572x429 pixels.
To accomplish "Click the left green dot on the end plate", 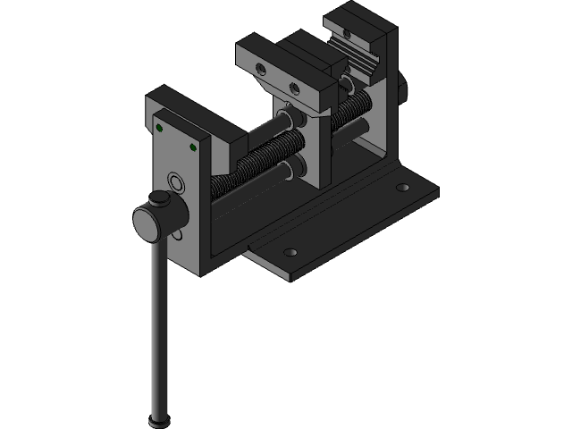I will pos(159,128).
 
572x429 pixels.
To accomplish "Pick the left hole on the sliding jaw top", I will pos(260,69).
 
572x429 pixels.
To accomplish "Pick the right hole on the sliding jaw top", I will pos(294,88).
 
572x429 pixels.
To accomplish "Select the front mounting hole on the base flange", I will pos(288,251).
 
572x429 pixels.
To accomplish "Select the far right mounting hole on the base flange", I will pos(402,188).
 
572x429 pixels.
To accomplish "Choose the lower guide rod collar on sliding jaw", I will pos(292,168).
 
